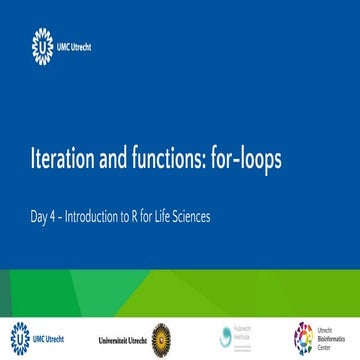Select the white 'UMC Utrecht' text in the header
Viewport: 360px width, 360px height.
75,45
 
